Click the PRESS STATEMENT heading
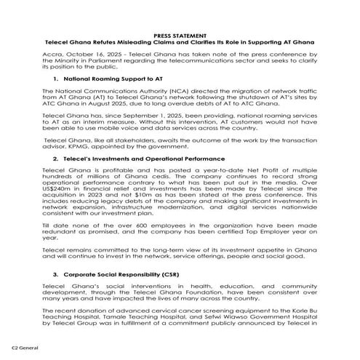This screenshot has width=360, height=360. coord(180,36)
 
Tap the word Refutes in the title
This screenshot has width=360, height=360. coord(103,43)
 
